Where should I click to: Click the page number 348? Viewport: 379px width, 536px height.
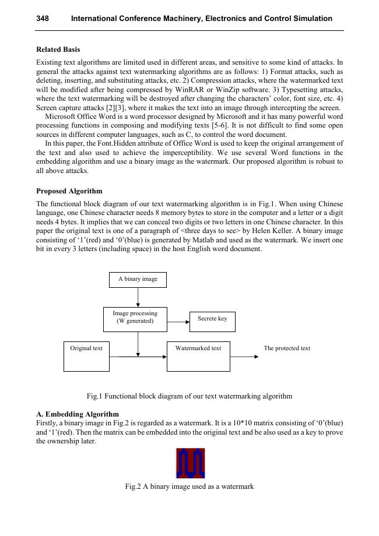click(x=42, y=19)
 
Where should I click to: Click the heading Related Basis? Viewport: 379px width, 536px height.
click(x=58, y=50)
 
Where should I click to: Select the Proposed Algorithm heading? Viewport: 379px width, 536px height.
click(x=69, y=191)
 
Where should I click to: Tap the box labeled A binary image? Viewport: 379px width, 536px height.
click(x=138, y=280)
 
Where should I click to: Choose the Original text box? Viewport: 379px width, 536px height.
click(x=86, y=356)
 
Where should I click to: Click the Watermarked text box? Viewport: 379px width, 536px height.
click(x=198, y=356)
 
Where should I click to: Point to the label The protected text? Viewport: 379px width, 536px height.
click(x=287, y=348)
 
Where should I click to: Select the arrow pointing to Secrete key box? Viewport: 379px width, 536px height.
click(x=178, y=321)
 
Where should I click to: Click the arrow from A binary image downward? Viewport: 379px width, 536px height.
click(x=138, y=297)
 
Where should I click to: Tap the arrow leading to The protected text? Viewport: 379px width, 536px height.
click(x=244, y=356)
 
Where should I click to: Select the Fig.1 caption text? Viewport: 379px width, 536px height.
click(x=189, y=396)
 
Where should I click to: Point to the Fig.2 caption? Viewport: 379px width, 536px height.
click(x=189, y=486)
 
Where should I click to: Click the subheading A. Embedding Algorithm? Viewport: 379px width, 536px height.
click(x=78, y=414)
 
